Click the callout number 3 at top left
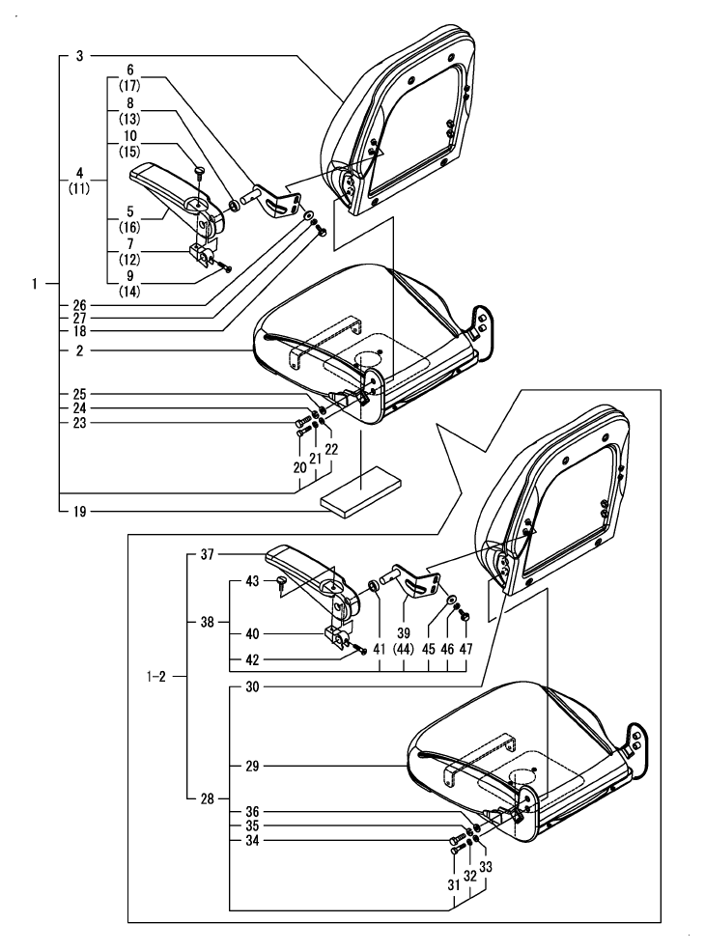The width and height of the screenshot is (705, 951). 79,57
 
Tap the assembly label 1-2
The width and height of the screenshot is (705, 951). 155,677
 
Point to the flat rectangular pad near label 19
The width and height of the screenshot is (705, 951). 358,490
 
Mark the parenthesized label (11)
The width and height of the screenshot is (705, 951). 78,189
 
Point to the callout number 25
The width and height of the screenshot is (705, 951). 78,394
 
